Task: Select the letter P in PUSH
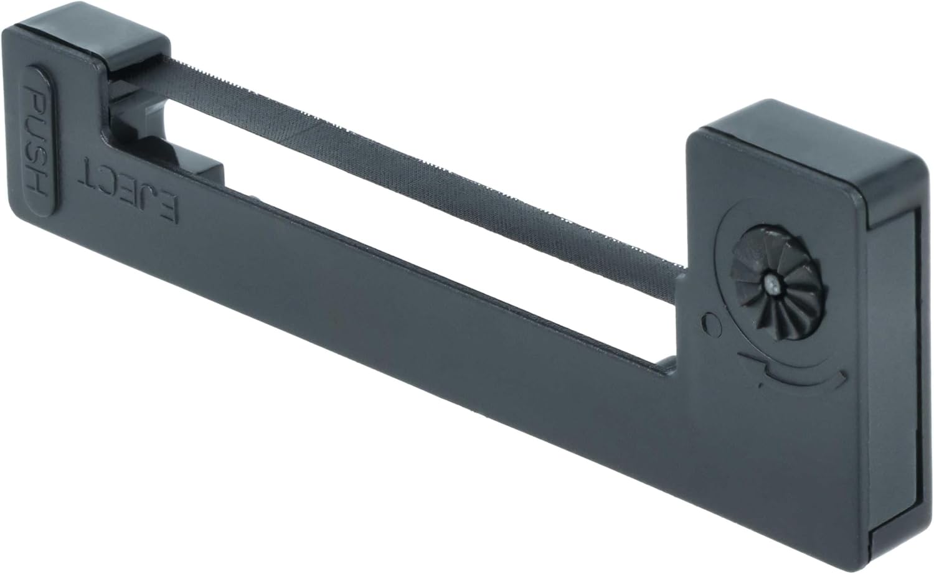click(37, 101)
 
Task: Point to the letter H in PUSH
click(37, 182)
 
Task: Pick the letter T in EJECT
click(89, 171)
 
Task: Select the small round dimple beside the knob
click(711, 324)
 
